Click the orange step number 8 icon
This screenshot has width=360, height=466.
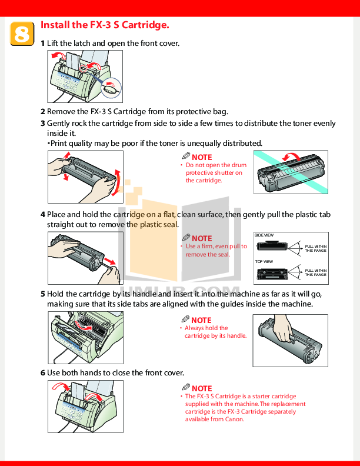tap(21, 34)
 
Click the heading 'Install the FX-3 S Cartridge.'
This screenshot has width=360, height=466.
tap(105, 25)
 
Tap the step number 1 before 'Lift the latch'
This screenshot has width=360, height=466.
tap(42, 44)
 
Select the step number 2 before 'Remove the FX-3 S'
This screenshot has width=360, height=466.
tap(42, 111)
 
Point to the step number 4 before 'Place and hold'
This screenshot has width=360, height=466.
tap(42, 215)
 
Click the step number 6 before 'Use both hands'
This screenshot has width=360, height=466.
tap(42, 373)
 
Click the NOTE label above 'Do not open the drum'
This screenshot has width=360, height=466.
tap(201, 157)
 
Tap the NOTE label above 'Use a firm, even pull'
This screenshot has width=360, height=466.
tap(201, 238)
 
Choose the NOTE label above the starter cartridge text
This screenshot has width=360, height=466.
tap(201, 388)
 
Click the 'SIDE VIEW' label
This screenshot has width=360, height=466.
tap(264, 235)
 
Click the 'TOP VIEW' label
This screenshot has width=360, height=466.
tap(264, 261)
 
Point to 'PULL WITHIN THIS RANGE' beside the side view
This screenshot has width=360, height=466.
tap(315, 248)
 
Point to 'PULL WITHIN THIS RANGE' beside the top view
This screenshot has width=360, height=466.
tap(315, 272)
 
